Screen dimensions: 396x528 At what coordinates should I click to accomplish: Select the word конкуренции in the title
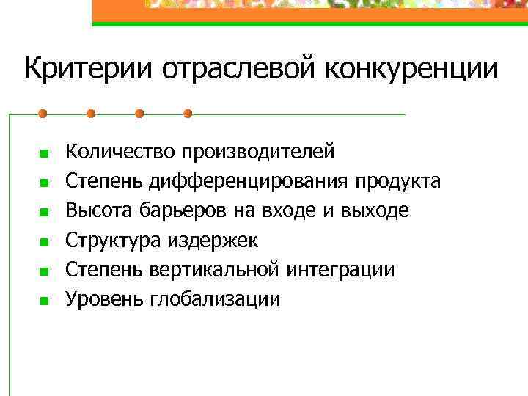[x=407, y=70]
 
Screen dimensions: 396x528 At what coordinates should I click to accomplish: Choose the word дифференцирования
[x=250, y=181]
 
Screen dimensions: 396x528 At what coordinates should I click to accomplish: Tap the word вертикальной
[x=215, y=270]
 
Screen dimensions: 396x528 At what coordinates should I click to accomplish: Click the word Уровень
[x=105, y=299]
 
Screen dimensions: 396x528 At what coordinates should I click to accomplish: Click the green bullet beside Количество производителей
[x=44, y=153]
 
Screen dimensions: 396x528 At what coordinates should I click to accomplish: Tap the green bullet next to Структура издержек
[x=44, y=242]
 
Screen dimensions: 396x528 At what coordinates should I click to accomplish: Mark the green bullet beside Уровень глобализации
[x=44, y=301]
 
